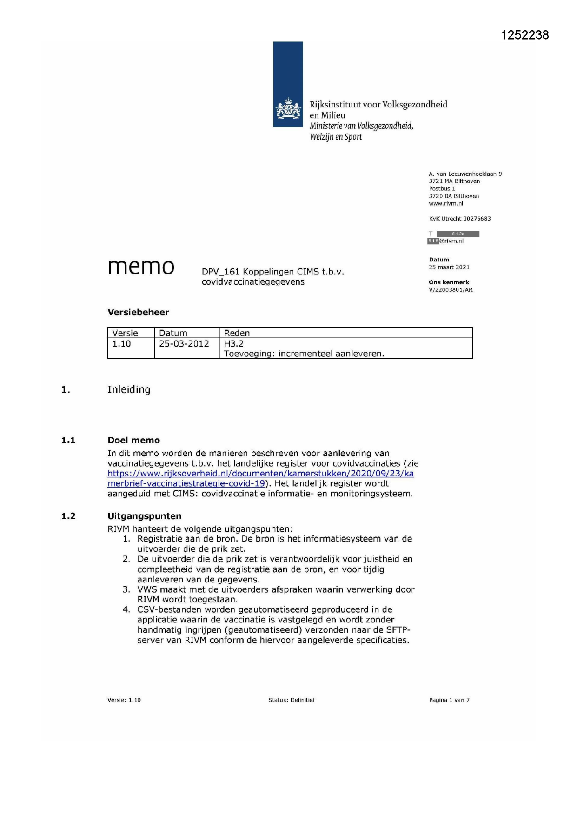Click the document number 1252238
pyautogui.click(x=524, y=35)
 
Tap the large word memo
pyautogui.click(x=141, y=267)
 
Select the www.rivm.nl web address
pyautogui.click(x=446, y=204)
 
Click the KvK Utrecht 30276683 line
pyautogui.click(x=459, y=219)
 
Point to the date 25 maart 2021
pyautogui.click(x=449, y=268)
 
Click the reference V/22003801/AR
pyautogui.click(x=450, y=290)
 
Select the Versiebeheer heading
pyautogui.click(x=138, y=312)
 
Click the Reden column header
pyautogui.click(x=237, y=333)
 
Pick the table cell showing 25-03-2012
pyautogui.click(x=184, y=344)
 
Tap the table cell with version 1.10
pyautogui.click(x=121, y=344)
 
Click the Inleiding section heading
pyautogui.click(x=129, y=389)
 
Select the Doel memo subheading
pyautogui.click(x=133, y=440)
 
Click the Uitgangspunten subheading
pyautogui.click(x=145, y=516)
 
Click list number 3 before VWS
pyautogui.click(x=126, y=589)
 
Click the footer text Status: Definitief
pyautogui.click(x=292, y=700)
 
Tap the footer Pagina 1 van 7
pyautogui.click(x=449, y=700)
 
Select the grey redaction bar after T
pyautogui.click(x=458, y=234)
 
